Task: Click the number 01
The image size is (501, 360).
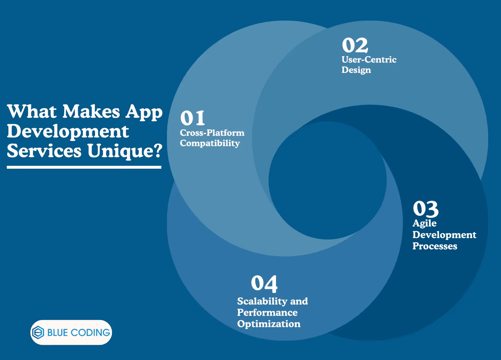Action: pyautogui.click(x=193, y=118)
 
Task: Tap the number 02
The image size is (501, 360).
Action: pyautogui.click(x=355, y=45)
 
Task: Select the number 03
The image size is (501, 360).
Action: pyautogui.click(x=425, y=209)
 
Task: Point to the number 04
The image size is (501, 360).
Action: pyautogui.click(x=264, y=284)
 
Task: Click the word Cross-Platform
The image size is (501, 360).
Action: pyautogui.click(x=212, y=133)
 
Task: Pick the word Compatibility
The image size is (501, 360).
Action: pyautogui.click(x=210, y=143)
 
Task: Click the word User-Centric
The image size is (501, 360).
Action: pyautogui.click(x=369, y=60)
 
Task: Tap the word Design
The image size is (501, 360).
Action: pyautogui.click(x=356, y=70)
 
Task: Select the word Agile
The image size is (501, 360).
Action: pyautogui.click(x=424, y=223)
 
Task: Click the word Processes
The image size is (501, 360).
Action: pyautogui.click(x=435, y=246)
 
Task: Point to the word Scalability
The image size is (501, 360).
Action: pyautogui.click(x=262, y=301)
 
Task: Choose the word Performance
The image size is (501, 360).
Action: pyautogui.click(x=267, y=313)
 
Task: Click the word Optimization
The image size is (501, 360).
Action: pyautogui.click(x=268, y=324)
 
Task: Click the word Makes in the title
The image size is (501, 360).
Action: pyautogui.click(x=91, y=112)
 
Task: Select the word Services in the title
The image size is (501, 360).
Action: pyautogui.click(x=44, y=151)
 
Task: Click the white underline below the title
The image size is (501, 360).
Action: pyautogui.click(x=84, y=167)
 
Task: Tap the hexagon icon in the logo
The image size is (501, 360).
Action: pyautogui.click(x=38, y=333)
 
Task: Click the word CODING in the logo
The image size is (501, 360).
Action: pyautogui.click(x=90, y=333)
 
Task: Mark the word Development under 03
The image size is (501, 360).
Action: pyautogui.click(x=444, y=235)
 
